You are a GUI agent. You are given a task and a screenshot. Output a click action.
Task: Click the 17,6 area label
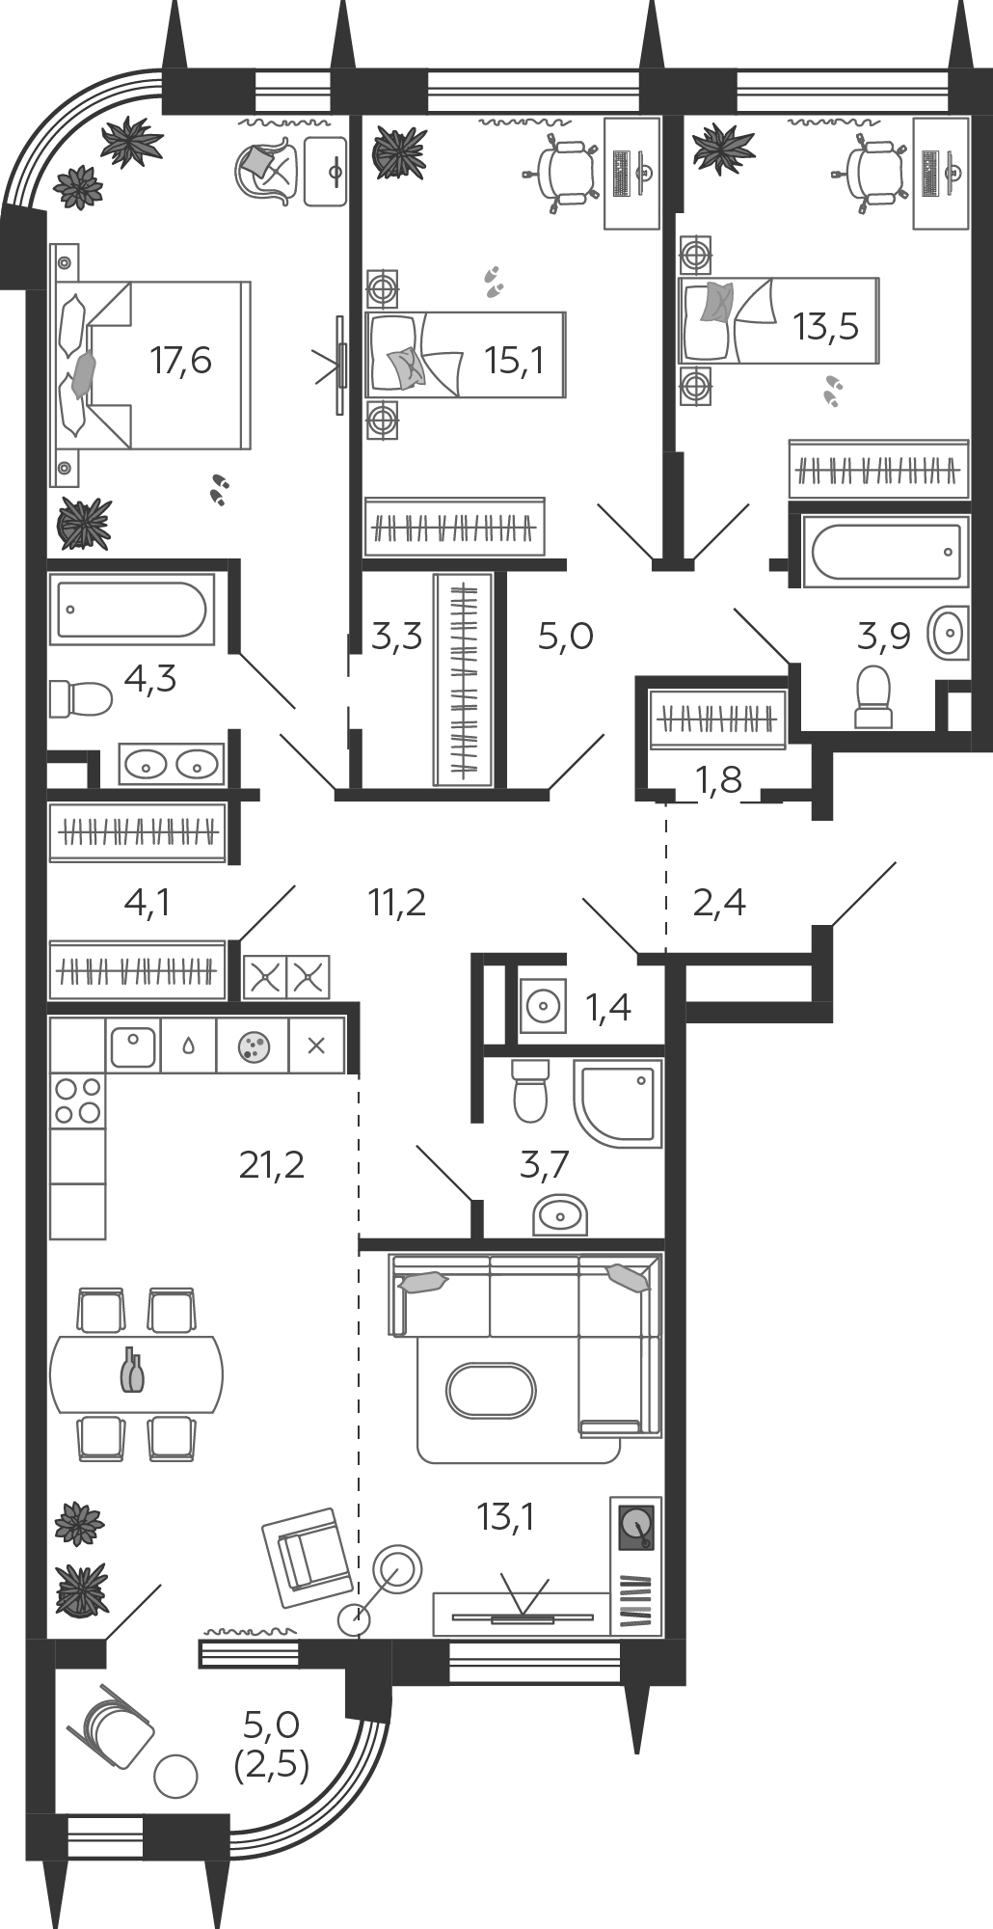click(180, 362)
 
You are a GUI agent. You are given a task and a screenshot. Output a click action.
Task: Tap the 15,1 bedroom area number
click(515, 362)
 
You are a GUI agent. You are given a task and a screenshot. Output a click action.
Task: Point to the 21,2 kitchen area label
click(272, 1165)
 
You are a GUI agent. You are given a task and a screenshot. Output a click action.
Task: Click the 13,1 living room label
click(505, 1517)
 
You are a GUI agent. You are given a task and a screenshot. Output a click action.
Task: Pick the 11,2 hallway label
click(396, 903)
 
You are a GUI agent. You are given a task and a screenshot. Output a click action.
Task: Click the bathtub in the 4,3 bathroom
click(131, 609)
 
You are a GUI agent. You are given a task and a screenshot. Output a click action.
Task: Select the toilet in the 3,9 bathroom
click(874, 695)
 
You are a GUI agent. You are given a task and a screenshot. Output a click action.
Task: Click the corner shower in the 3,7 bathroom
click(618, 1103)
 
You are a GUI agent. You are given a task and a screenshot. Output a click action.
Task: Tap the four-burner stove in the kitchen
click(78, 1100)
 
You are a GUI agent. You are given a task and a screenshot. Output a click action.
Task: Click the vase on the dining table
click(133, 1371)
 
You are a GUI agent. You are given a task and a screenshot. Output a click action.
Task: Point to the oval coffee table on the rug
click(491, 1390)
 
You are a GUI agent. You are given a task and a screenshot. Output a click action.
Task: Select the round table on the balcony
click(175, 1776)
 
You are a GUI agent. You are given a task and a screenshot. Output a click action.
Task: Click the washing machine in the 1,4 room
click(543, 1007)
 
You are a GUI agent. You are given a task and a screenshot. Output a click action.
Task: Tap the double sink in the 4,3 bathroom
click(172, 764)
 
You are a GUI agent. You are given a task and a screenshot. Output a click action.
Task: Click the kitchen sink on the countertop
click(133, 1046)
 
